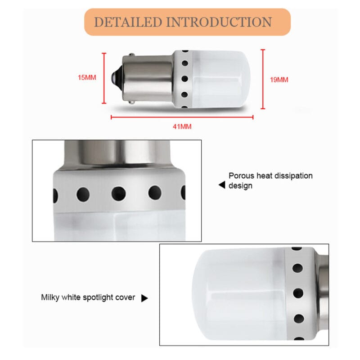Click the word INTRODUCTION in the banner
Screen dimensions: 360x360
(219, 22)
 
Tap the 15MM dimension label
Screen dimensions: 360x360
(87, 78)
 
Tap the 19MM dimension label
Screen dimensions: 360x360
(279, 80)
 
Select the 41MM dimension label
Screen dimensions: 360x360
(182, 126)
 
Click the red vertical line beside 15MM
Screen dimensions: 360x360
(104, 78)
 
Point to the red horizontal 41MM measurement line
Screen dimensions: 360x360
(182, 117)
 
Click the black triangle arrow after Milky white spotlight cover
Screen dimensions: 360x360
(144, 298)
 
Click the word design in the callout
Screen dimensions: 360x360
(240, 186)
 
